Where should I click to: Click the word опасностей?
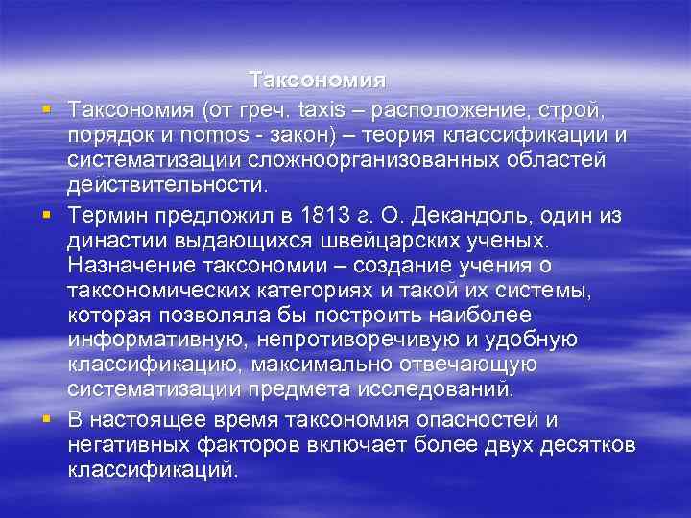479,420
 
